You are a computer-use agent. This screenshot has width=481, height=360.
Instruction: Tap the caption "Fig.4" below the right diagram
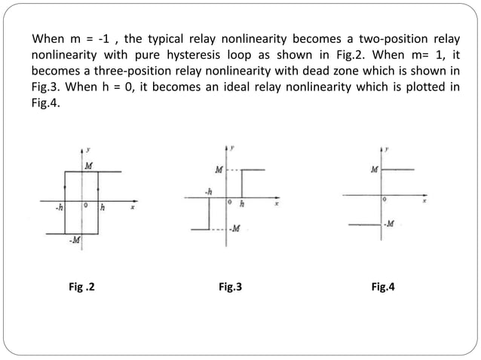coord(383,286)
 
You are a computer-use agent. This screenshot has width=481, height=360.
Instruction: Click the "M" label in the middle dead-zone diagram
coord(219,169)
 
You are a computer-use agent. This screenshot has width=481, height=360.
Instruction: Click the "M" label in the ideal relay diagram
coord(375,169)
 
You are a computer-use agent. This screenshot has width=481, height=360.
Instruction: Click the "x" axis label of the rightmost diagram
coord(424,202)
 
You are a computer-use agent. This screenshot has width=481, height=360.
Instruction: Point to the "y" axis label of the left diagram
coord(91,152)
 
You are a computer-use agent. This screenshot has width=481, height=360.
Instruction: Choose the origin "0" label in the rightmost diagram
coord(384,200)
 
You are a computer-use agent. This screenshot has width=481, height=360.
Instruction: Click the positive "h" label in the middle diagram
coord(241,203)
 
